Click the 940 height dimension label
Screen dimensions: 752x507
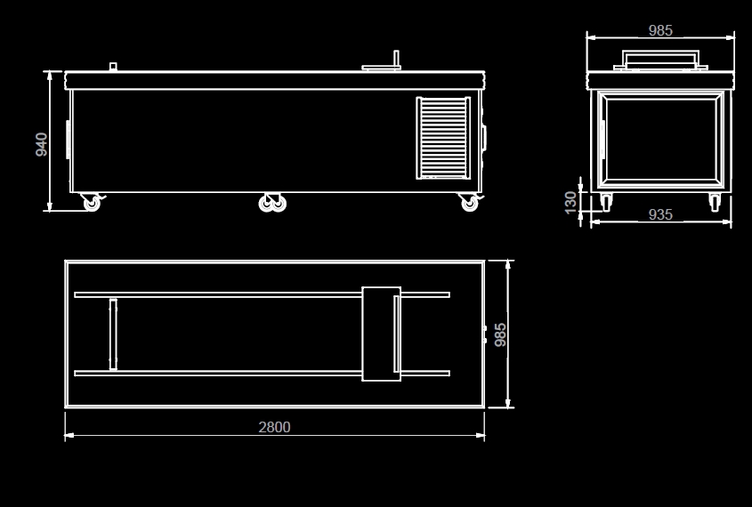(42, 144)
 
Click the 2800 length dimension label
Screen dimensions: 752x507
(274, 427)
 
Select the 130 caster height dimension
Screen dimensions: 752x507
(570, 202)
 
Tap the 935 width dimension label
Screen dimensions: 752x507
(660, 214)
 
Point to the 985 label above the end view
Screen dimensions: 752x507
(660, 30)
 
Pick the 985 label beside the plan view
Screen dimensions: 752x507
(500, 334)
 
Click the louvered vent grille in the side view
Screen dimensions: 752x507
(443, 138)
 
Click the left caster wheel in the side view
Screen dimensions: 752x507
(92, 202)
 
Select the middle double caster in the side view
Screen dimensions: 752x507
(272, 203)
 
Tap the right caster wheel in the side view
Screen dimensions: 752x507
(470, 202)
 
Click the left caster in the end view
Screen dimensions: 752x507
(606, 202)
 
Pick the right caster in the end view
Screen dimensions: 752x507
(715, 202)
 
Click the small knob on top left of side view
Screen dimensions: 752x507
(113, 67)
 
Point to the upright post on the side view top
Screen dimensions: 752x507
(397, 59)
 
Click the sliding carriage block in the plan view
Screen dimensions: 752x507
(381, 334)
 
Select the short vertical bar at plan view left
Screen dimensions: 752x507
(113, 334)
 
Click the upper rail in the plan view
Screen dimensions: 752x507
(262, 294)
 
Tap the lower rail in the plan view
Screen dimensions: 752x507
(262, 374)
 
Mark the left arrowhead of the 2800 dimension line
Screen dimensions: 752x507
(69, 435)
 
